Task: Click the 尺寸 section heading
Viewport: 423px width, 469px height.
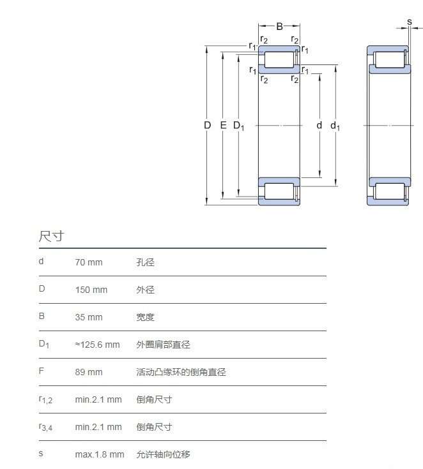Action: tap(51, 236)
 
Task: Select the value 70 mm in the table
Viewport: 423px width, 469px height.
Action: tap(89, 262)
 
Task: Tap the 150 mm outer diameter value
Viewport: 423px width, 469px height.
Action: tap(91, 290)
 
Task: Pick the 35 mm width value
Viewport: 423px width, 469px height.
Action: tap(89, 317)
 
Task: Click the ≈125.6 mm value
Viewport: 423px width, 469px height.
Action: tap(97, 345)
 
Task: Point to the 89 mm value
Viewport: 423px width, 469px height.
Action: tap(89, 372)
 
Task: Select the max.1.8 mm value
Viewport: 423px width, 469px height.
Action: tap(100, 454)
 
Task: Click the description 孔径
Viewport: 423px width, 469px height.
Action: tap(145, 262)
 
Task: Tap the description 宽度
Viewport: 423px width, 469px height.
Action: tap(145, 317)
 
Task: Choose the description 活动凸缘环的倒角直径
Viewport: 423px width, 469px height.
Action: tap(181, 372)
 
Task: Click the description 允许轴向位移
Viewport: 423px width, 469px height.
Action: tap(164, 454)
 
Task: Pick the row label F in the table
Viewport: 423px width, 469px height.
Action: tap(42, 371)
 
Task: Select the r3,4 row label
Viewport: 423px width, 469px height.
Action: tap(45, 427)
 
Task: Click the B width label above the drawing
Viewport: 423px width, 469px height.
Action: tap(279, 27)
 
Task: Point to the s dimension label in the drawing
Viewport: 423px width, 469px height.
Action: tap(410, 22)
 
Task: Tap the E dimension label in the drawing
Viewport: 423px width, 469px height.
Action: tap(223, 125)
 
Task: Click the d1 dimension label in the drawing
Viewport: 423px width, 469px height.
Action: tap(335, 126)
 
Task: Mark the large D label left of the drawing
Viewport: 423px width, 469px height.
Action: tap(207, 125)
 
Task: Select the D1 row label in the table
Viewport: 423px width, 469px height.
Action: tap(44, 344)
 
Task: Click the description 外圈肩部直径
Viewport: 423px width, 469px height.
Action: tap(164, 345)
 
